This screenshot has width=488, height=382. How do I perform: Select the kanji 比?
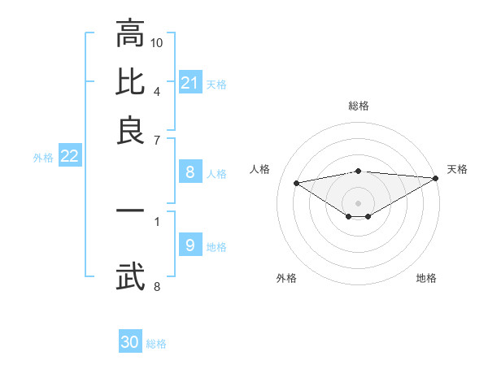click(x=130, y=81)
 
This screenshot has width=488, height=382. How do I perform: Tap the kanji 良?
click(x=130, y=130)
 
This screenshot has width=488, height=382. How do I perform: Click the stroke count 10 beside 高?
click(x=157, y=41)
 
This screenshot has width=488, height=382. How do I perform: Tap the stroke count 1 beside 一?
click(x=157, y=219)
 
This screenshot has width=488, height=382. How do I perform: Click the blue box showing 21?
click(x=190, y=83)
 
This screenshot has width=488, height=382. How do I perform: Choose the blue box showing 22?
click(x=69, y=156)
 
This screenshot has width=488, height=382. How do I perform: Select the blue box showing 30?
click(x=130, y=342)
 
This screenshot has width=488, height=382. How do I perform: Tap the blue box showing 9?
click(x=190, y=245)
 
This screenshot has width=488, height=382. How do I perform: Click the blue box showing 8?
click(x=190, y=172)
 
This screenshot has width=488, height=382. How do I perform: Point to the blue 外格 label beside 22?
click(x=43, y=158)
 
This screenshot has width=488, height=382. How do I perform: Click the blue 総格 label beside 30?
click(x=156, y=344)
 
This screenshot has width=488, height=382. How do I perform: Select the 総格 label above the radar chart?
click(x=358, y=106)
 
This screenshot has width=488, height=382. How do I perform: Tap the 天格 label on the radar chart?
click(x=457, y=169)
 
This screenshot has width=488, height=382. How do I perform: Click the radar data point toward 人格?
click(x=296, y=182)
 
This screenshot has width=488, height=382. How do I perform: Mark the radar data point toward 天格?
click(x=436, y=178)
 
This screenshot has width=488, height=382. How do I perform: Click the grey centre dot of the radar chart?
click(x=358, y=202)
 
